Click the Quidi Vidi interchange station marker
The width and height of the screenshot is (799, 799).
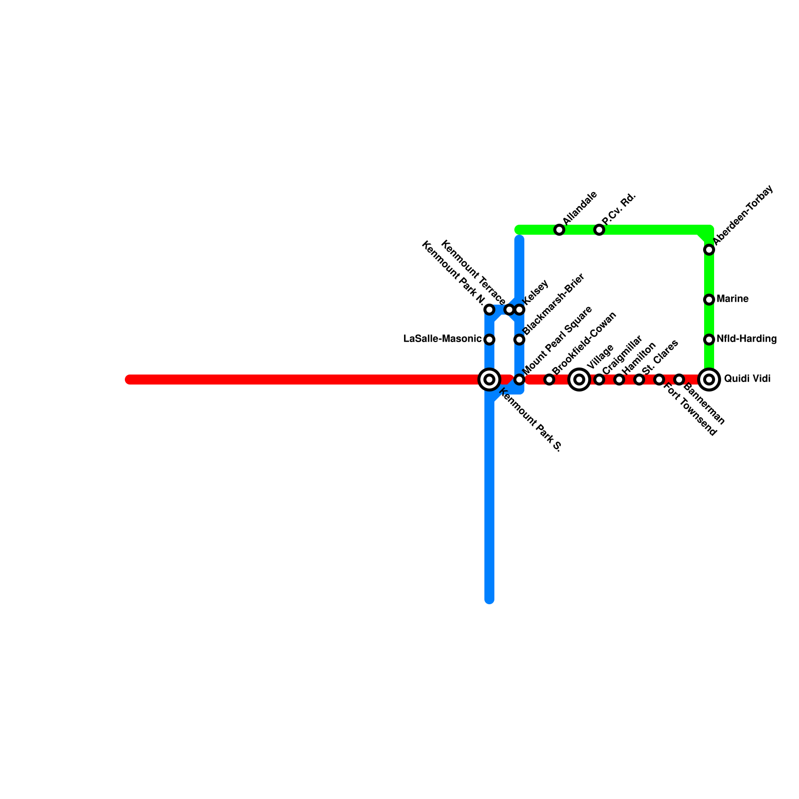point(709,380)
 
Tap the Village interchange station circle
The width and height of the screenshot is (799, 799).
point(579,380)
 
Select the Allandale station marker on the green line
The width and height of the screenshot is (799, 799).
point(559,230)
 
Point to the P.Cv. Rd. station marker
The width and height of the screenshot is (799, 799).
point(599,230)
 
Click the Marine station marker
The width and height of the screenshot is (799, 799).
point(709,300)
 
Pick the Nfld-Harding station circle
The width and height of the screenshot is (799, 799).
point(709,340)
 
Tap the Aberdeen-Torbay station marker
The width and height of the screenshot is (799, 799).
point(709,250)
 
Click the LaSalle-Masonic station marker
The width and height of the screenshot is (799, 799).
point(489,340)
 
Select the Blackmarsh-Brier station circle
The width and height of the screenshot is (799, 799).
point(519,340)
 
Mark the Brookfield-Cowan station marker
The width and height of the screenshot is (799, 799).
point(549,380)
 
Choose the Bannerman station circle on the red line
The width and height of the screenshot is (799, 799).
point(679,380)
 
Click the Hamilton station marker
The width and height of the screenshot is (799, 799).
point(619,380)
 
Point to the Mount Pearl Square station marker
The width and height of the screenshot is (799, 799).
point(519,380)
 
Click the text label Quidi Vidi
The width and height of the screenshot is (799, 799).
point(747,379)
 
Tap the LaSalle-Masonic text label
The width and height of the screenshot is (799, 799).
point(442,339)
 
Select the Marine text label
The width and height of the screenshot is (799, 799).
point(732,299)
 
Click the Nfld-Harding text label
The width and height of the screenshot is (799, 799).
point(747,339)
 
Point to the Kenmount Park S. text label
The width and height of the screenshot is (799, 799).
point(530,420)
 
